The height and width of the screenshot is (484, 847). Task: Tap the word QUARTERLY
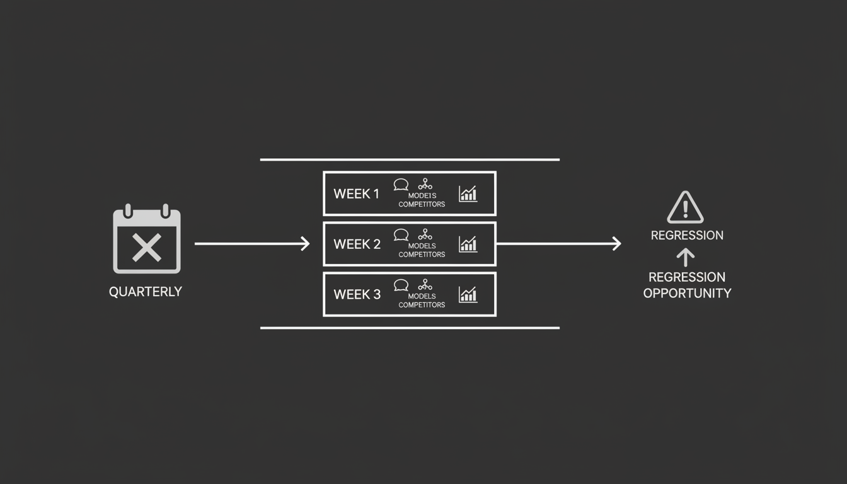click(146, 292)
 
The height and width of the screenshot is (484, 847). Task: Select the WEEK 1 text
click(356, 194)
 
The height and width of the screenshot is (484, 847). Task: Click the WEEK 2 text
click(357, 245)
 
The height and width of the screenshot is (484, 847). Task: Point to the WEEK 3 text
click(357, 294)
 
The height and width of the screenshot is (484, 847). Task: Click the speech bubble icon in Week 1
click(401, 185)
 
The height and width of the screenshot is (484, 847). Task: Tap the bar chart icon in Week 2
click(468, 244)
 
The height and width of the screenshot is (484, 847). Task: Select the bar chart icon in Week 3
click(468, 294)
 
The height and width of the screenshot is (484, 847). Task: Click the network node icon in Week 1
click(425, 184)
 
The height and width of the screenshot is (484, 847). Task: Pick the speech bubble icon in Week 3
click(401, 285)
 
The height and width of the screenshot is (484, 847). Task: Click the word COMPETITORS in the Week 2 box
click(422, 255)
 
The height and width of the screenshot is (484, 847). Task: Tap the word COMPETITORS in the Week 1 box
click(422, 204)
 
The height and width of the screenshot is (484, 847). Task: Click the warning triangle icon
click(685, 207)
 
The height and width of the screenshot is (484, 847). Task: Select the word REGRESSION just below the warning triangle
click(687, 235)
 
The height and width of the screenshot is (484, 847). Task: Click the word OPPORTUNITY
click(687, 293)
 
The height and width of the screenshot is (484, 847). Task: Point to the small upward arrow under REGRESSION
click(686, 256)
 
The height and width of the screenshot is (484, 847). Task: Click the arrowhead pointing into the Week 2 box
click(306, 243)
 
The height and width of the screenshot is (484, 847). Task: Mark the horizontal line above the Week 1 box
click(410, 159)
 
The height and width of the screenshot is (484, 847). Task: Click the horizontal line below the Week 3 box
click(410, 328)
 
